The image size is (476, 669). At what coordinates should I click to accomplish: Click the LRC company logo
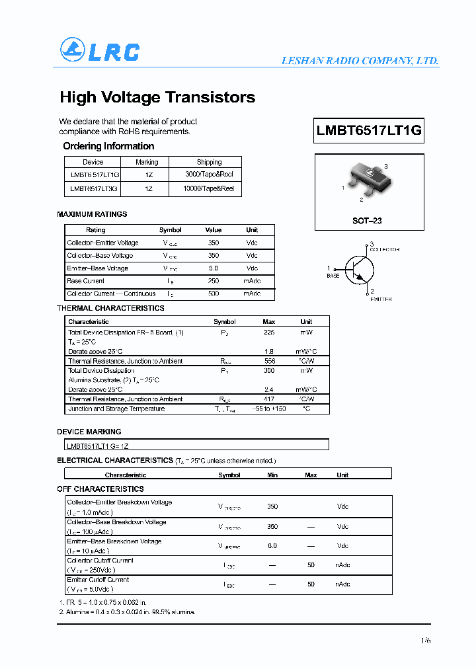[100, 51]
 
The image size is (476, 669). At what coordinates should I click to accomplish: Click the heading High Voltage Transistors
[157, 97]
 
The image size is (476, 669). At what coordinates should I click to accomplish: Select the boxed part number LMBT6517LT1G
[369, 130]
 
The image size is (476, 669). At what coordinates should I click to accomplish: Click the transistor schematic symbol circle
[360, 270]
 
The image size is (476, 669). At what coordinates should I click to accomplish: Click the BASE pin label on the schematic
[333, 276]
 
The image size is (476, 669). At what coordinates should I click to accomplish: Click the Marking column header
[147, 162]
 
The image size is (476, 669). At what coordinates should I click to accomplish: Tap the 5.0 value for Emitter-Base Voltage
[213, 268]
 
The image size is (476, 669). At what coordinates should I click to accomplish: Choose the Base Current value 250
[213, 281]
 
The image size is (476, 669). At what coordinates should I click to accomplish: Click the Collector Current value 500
[213, 294]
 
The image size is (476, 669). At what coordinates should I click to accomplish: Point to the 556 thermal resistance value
[269, 361]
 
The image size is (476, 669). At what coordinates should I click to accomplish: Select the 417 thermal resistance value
[269, 399]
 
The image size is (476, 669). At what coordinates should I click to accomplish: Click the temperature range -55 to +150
[269, 409]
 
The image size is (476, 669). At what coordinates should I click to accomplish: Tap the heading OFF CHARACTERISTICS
[100, 489]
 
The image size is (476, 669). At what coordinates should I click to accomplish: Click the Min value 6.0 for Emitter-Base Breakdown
[272, 546]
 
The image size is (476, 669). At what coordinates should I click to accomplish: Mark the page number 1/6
[424, 640]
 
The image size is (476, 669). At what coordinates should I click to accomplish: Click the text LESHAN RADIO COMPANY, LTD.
[360, 61]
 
